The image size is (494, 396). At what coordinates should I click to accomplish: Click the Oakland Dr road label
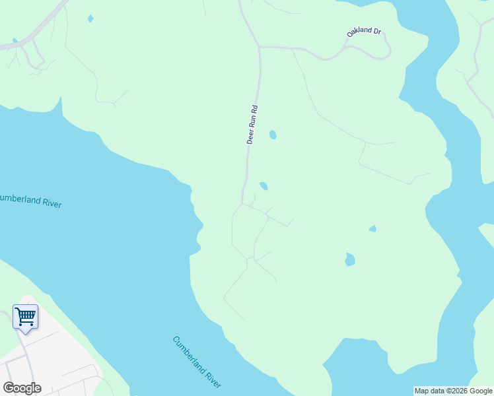coord(365,32)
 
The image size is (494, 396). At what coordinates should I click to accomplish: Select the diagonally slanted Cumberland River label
coord(197,362)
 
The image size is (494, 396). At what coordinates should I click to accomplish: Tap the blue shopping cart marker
coord(25,317)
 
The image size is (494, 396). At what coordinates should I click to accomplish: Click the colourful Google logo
coord(22,388)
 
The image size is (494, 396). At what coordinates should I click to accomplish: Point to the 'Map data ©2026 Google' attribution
coord(453,391)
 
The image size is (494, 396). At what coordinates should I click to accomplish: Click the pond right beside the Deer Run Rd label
coord(273,135)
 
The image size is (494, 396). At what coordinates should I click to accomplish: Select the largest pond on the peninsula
coord(349,259)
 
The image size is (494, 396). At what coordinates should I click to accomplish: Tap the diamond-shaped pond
coord(90,18)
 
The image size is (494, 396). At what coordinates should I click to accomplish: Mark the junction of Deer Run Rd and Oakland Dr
coord(260,47)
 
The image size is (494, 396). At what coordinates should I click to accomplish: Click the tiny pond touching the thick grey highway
coord(15,40)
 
